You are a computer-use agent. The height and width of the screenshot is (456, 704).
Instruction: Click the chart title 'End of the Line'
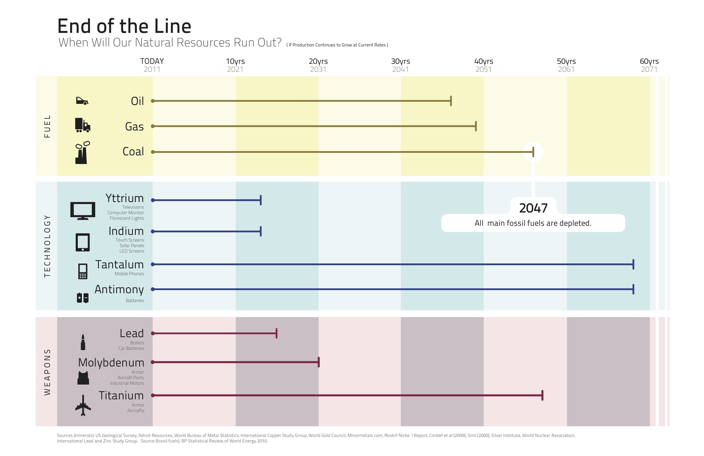click(x=124, y=26)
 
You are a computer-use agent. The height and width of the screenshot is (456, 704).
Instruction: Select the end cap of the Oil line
click(x=451, y=101)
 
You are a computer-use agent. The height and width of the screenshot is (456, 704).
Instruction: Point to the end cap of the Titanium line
click(x=542, y=395)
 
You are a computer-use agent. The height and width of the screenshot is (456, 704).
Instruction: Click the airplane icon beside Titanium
click(x=83, y=405)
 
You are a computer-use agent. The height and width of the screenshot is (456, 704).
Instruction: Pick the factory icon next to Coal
click(x=82, y=153)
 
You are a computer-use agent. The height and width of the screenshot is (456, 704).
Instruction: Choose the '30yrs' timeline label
click(x=401, y=61)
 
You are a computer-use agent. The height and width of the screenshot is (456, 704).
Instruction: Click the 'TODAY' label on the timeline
click(x=152, y=61)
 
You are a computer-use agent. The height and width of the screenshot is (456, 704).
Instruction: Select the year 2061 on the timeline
click(x=566, y=70)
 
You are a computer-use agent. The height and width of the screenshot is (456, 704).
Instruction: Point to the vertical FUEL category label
click(x=47, y=127)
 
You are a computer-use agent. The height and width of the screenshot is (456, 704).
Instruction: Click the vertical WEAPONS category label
click(x=47, y=372)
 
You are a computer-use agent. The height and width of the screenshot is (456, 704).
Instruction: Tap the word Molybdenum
click(x=111, y=362)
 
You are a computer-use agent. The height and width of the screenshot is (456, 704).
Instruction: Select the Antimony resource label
click(x=119, y=289)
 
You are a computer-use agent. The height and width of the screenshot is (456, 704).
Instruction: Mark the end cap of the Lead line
click(x=277, y=333)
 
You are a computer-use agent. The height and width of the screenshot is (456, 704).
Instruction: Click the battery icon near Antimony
click(x=83, y=298)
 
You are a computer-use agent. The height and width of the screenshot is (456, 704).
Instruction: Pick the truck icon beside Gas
click(x=83, y=125)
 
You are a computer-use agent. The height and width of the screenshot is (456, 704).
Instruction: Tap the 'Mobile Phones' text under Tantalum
click(x=129, y=274)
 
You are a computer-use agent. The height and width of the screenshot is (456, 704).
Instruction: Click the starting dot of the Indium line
click(x=153, y=232)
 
